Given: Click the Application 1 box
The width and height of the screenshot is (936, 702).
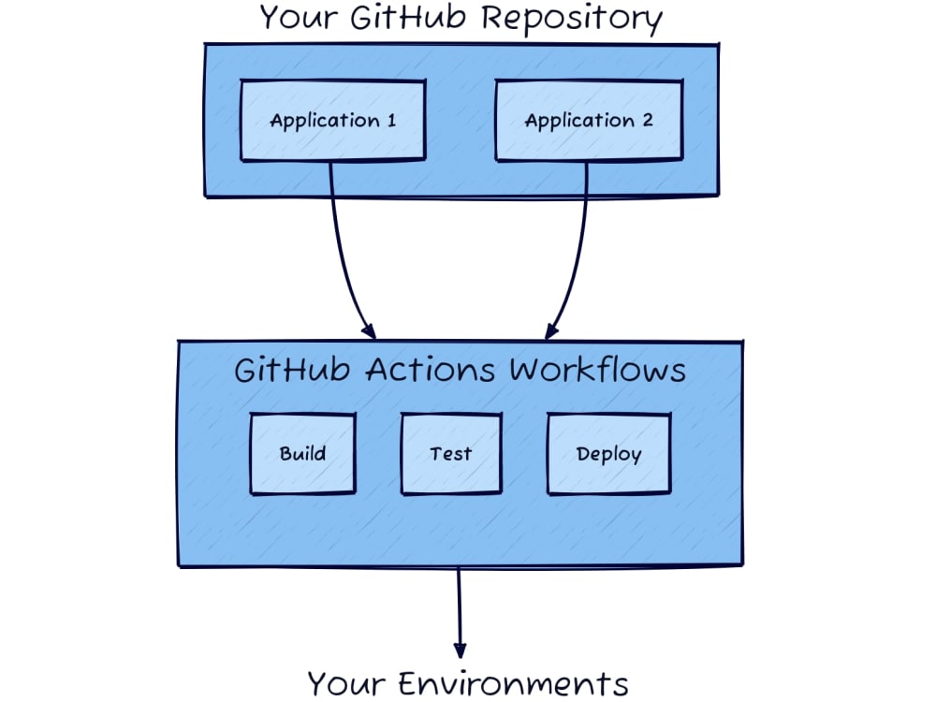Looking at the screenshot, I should click(x=332, y=121).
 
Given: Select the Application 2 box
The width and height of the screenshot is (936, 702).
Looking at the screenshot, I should click(x=588, y=121).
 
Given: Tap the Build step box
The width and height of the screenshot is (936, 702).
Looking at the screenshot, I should click(x=302, y=454).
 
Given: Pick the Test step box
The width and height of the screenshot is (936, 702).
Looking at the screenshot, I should click(x=450, y=454).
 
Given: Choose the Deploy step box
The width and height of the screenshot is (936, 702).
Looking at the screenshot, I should click(x=608, y=454).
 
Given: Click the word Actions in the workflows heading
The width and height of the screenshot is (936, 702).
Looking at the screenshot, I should click(x=431, y=370).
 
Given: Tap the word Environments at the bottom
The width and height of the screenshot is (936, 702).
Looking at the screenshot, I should click(x=510, y=682).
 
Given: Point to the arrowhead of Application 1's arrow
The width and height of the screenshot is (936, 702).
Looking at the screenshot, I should click(x=369, y=331).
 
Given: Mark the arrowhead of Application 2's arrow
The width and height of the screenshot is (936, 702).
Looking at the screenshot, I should click(x=551, y=330).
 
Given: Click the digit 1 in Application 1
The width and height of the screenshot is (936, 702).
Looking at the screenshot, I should click(x=390, y=121).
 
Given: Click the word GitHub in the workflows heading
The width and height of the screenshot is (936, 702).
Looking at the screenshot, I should click(x=293, y=370).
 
